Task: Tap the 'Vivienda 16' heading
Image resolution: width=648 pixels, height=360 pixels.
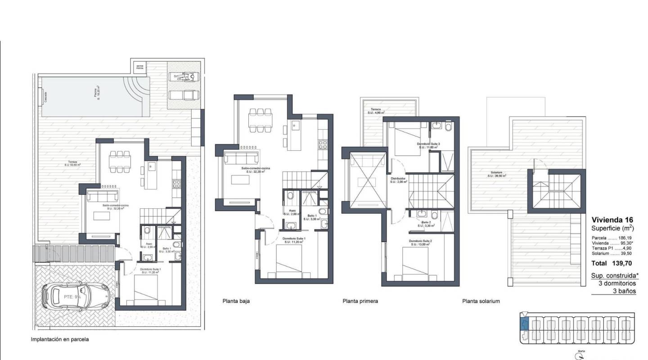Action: (x=612, y=220)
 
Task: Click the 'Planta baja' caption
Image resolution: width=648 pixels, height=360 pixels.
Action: (x=236, y=301)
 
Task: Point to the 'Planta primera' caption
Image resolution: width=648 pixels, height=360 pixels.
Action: (x=360, y=301)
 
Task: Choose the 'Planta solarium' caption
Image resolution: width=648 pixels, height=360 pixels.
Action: (x=481, y=301)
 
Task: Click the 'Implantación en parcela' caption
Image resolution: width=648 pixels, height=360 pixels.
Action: (x=59, y=339)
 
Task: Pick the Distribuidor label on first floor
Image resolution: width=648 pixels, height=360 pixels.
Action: (x=398, y=180)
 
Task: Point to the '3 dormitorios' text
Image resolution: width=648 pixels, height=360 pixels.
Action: (x=617, y=283)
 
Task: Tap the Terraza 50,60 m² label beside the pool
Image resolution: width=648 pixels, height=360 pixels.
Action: (x=72, y=163)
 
